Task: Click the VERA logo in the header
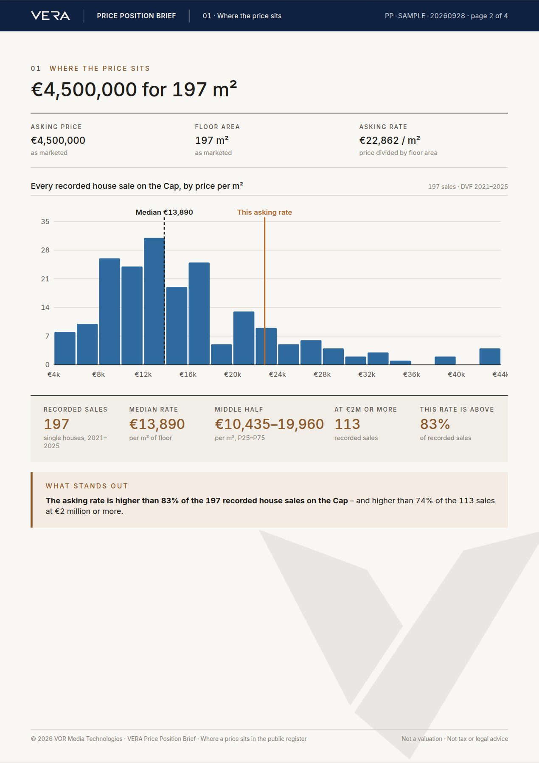pyautogui.click(x=51, y=16)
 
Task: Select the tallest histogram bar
pyautogui.click(x=154, y=301)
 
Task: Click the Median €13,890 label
pyautogui.click(x=164, y=212)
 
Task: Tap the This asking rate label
pyautogui.click(x=264, y=212)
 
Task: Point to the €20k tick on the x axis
pyautogui.click(x=233, y=374)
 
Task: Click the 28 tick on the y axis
pyautogui.click(x=45, y=250)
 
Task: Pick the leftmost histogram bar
pyautogui.click(x=65, y=348)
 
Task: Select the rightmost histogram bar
pyautogui.click(x=490, y=356)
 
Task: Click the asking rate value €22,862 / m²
pyautogui.click(x=390, y=140)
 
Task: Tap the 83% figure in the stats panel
pyautogui.click(x=435, y=424)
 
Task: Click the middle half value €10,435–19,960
pyautogui.click(x=269, y=424)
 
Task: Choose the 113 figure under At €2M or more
pyautogui.click(x=347, y=424)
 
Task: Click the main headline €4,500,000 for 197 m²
pyautogui.click(x=134, y=89)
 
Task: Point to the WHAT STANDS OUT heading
pyautogui.click(x=87, y=486)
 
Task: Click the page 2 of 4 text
pyautogui.click(x=489, y=16)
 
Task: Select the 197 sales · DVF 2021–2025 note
pyautogui.click(x=468, y=187)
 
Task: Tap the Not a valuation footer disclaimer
pyautogui.click(x=422, y=739)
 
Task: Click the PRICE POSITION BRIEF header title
pyautogui.click(x=136, y=16)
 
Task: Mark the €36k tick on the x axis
pyautogui.click(x=412, y=374)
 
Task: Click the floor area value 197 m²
pyautogui.click(x=212, y=140)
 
